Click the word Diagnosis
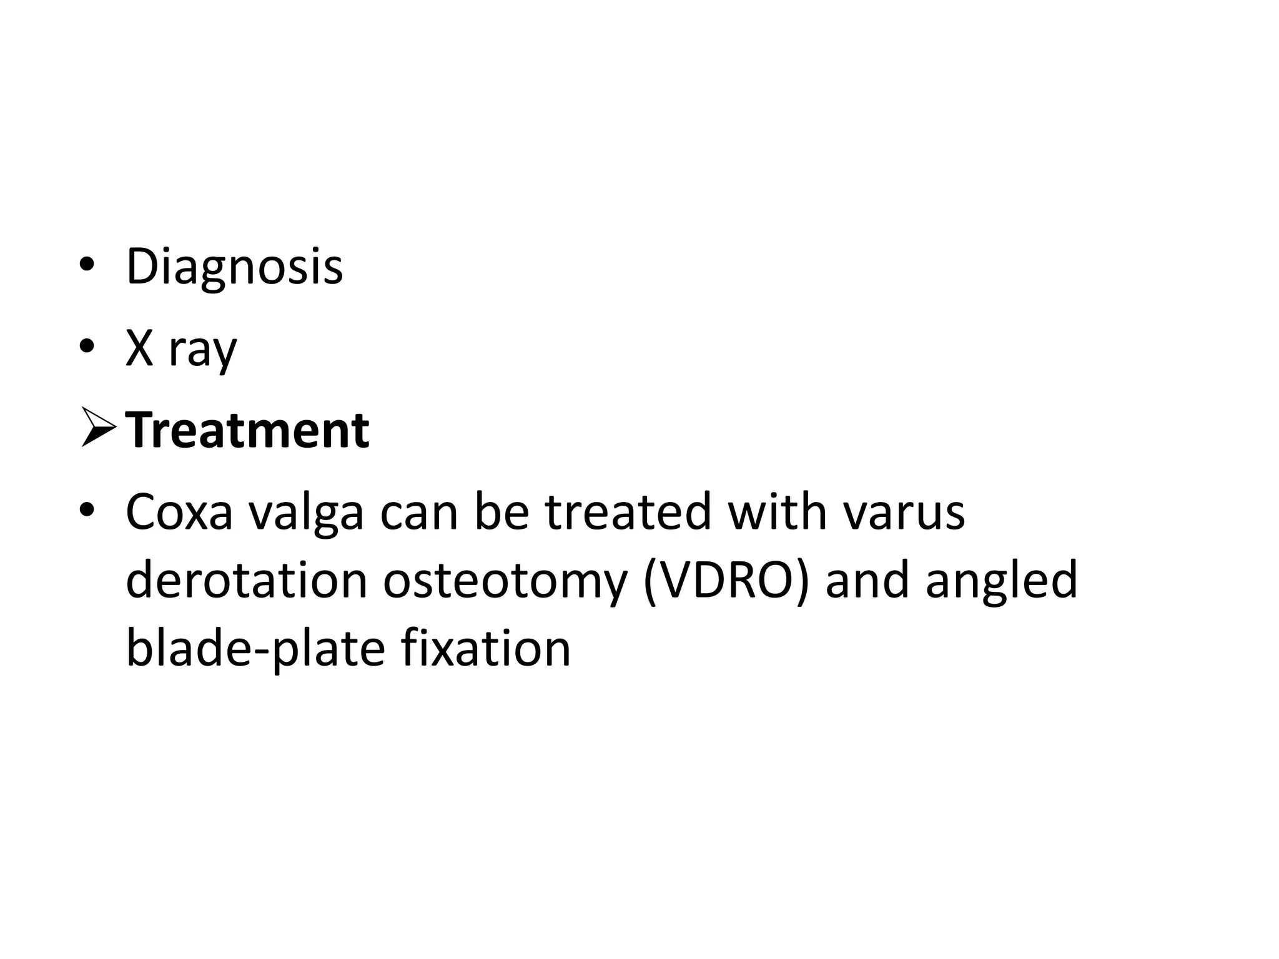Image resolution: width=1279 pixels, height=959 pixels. point(234,267)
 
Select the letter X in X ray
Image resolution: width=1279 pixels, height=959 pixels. point(139,349)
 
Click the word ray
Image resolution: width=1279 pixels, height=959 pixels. point(202,351)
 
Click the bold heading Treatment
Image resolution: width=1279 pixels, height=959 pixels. point(247,430)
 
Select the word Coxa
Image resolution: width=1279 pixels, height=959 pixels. point(179,511)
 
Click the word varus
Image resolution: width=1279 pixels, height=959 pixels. point(904,511)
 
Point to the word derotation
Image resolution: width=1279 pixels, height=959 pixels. point(247,580)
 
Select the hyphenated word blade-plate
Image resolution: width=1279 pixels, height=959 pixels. point(255,650)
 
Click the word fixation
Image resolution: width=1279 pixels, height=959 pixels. point(486,649)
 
